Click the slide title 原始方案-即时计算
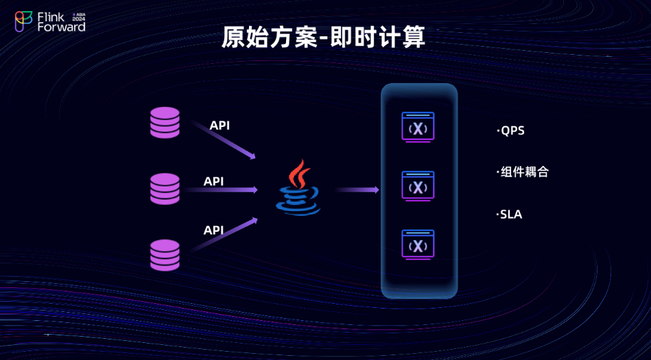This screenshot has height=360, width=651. (x=323, y=38)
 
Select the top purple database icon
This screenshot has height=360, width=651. (x=165, y=123)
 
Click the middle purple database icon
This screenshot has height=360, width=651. (x=165, y=189)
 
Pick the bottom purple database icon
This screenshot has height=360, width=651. (x=165, y=254)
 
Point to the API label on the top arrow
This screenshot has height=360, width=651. (x=220, y=125)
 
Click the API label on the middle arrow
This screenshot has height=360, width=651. (x=214, y=181)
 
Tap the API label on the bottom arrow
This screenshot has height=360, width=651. (x=214, y=230)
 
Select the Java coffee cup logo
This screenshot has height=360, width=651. (x=298, y=189)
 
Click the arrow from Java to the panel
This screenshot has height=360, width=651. (x=357, y=189)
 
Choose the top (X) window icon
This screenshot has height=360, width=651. (x=418, y=128)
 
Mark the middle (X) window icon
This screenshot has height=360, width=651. (x=418, y=186)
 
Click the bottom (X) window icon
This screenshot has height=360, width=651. (x=418, y=245)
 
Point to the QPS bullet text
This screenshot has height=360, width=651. (x=511, y=130)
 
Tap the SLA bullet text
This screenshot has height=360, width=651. (x=510, y=215)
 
